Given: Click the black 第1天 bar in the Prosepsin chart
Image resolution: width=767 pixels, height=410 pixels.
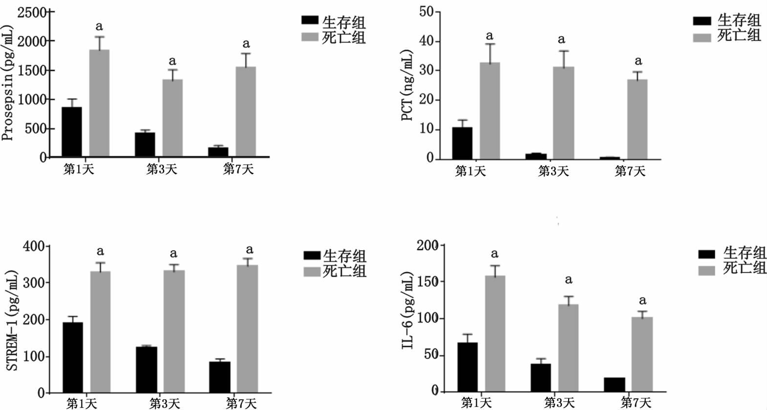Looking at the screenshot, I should pos(72,132).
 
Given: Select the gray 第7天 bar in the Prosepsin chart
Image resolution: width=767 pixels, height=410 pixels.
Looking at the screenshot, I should pos(246,112).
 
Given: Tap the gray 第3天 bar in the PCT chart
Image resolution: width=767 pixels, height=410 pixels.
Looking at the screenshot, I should pos(564,113).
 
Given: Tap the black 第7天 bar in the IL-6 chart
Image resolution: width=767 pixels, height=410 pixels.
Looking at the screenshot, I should pos(615,385).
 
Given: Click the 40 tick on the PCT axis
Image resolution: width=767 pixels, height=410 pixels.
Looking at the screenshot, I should pos(426,42).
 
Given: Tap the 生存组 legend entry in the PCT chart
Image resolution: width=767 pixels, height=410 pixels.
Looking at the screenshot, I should pos(727,21).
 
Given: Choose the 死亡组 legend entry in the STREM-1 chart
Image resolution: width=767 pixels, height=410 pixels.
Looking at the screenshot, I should pos(335,271).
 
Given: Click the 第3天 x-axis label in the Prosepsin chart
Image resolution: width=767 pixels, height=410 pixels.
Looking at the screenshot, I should pos(162,170).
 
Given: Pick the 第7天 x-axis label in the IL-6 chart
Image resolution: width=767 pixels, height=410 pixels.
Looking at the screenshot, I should pos(636,403).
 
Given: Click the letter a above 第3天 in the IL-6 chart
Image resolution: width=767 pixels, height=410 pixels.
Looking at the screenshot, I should pos(568,280).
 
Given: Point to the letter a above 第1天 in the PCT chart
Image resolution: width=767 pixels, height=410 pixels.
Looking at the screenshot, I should pos(490,36).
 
